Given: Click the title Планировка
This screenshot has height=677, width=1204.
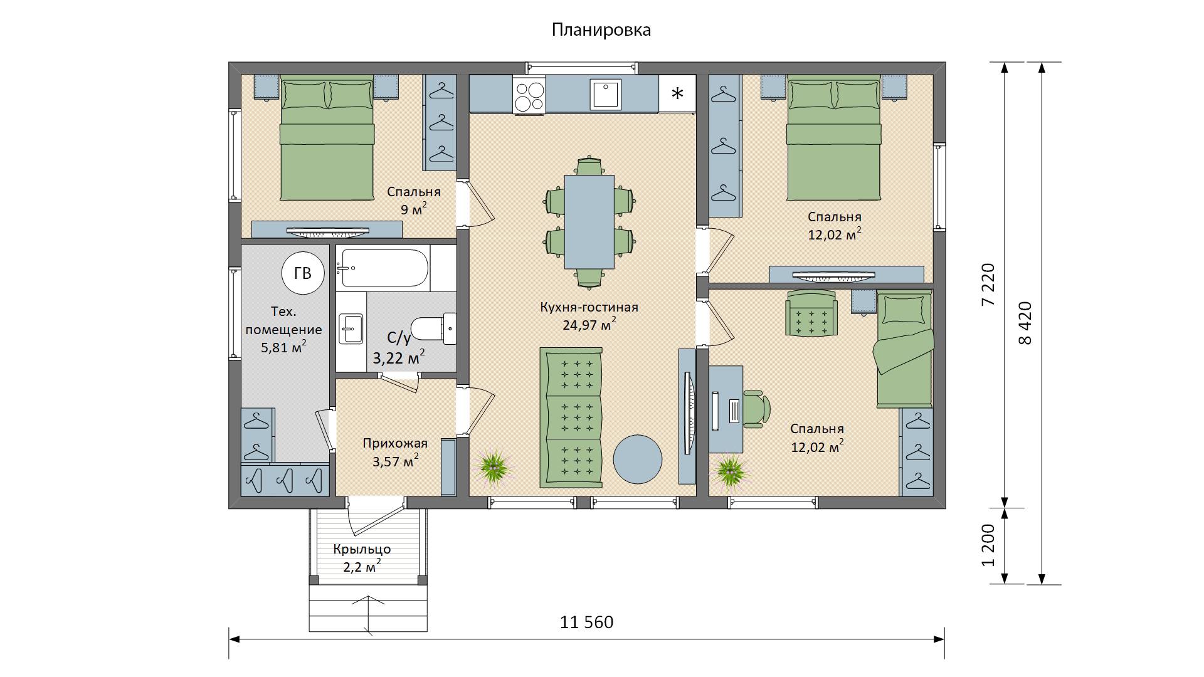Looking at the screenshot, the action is point(601,30).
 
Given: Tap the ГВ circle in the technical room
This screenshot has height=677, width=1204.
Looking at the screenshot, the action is point(303,274).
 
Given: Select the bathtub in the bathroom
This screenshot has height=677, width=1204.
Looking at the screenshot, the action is point(383,268).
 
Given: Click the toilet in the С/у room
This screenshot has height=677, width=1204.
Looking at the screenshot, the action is point(434,328).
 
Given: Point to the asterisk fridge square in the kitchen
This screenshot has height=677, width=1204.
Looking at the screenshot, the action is point(677,93).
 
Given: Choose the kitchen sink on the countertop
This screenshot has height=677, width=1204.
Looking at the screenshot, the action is point(605,94).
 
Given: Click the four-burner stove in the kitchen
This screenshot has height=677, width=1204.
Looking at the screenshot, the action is point(529,95).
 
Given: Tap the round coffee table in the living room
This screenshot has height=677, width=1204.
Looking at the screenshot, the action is point(637,459).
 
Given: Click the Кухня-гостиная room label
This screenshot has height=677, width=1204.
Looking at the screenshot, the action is point(589,307).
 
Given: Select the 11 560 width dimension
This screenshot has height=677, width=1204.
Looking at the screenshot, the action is point(586,622).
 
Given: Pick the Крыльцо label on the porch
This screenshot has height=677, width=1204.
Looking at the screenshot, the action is point(362,550).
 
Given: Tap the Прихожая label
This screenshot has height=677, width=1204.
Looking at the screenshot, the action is point(395,444).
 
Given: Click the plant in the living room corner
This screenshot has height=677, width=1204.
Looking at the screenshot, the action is point(495,466).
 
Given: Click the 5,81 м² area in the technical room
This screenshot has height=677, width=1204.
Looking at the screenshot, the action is point(283,346).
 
